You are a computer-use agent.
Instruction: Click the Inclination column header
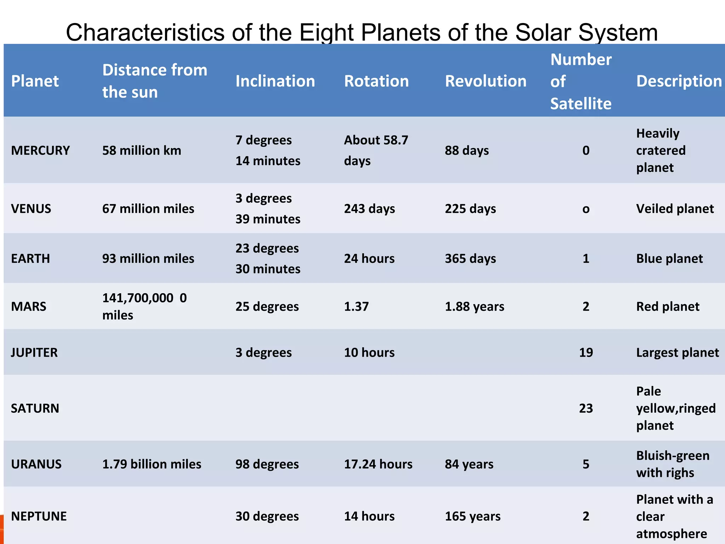tap(275, 81)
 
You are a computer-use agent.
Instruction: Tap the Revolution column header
tap(485, 81)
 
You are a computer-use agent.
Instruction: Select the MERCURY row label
tap(40, 151)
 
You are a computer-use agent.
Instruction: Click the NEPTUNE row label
tap(39, 516)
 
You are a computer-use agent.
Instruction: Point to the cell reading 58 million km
tap(142, 151)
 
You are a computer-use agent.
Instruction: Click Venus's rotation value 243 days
tap(369, 209)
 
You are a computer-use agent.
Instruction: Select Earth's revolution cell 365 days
tap(470, 259)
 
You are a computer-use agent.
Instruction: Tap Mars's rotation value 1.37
tap(356, 306)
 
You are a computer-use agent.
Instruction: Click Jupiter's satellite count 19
tap(586, 352)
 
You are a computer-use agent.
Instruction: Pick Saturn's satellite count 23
tap(586, 408)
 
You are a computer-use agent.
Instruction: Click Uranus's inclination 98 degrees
tap(267, 464)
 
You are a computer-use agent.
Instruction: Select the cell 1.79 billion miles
tap(152, 464)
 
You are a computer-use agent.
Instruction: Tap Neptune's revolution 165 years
tap(473, 516)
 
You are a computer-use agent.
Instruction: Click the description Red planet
tap(668, 306)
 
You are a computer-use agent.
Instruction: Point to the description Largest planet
tap(677, 352)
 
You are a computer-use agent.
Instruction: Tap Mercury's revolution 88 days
tap(467, 151)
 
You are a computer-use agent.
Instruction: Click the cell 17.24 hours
tap(378, 464)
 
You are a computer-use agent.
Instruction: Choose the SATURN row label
tap(35, 408)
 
